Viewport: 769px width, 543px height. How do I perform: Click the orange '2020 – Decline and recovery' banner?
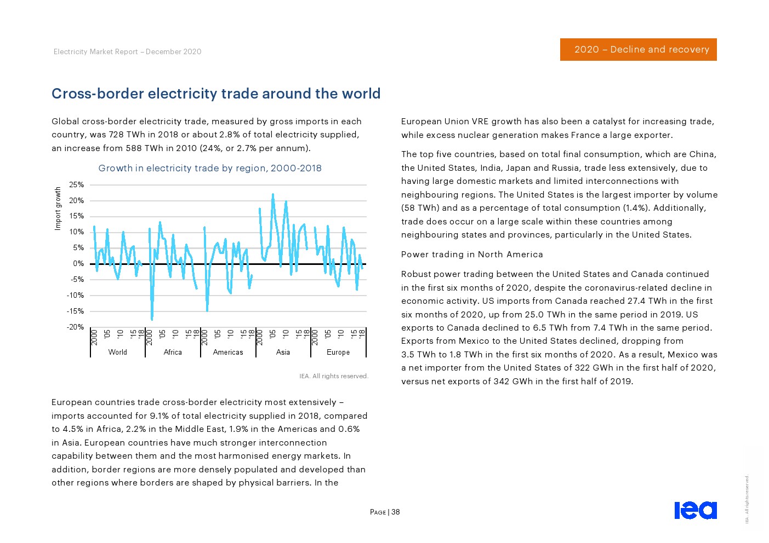click(x=638, y=49)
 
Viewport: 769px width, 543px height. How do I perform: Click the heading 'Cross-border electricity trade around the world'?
click(x=216, y=94)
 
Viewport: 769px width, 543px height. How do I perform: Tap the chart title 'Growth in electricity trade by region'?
click(x=210, y=168)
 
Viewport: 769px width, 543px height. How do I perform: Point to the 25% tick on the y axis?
click(x=76, y=185)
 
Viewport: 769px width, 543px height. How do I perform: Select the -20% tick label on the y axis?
click(x=75, y=327)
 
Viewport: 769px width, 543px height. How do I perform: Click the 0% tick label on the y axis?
click(x=78, y=264)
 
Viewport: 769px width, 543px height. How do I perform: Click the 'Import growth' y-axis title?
click(x=58, y=209)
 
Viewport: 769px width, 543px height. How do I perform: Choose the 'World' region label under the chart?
click(x=117, y=352)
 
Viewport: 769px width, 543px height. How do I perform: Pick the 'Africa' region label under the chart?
click(x=173, y=352)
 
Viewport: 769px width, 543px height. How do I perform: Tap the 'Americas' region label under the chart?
click(x=228, y=352)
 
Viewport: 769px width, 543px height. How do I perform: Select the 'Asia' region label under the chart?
click(x=283, y=352)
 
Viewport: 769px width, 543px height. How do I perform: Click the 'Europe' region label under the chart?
click(x=338, y=352)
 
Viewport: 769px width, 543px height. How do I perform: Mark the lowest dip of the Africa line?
click(x=152, y=319)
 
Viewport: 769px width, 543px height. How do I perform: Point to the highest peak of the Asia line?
click(x=273, y=194)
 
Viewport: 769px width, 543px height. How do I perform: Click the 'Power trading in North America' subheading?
click(x=472, y=255)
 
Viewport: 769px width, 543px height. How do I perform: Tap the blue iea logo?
click(x=696, y=510)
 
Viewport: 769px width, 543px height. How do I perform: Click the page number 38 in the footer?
click(x=396, y=512)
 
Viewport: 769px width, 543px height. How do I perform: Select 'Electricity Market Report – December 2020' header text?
click(x=128, y=51)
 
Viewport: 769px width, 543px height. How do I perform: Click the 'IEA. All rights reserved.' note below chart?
click(x=334, y=376)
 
